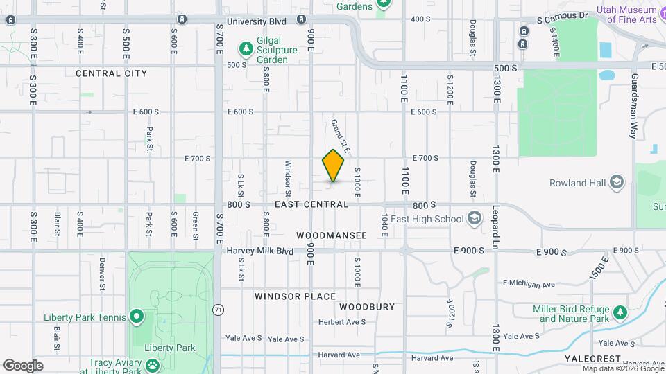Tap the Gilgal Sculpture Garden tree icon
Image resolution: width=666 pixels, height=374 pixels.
tap(244, 48)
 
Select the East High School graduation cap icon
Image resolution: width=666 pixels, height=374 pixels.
tap(474, 219)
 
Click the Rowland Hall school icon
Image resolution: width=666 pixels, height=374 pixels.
tap(617, 183)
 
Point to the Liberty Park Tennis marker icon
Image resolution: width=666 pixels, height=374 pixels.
tap(137, 317)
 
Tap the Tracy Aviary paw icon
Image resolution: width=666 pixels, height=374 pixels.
tap(152, 365)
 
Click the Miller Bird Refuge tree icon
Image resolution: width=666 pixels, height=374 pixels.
tap(620, 314)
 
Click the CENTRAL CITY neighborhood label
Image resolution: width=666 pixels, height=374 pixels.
tap(111, 73)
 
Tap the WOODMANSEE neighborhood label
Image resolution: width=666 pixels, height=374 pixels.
tap(331, 235)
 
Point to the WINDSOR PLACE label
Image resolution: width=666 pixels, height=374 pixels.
tap(295, 296)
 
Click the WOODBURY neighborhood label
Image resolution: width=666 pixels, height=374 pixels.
tap(367, 306)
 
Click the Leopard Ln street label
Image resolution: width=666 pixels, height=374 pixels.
tap(496, 226)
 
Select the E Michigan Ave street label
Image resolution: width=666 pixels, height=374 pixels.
tap(529, 283)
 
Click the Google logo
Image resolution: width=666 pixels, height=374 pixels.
tap(23, 365)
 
